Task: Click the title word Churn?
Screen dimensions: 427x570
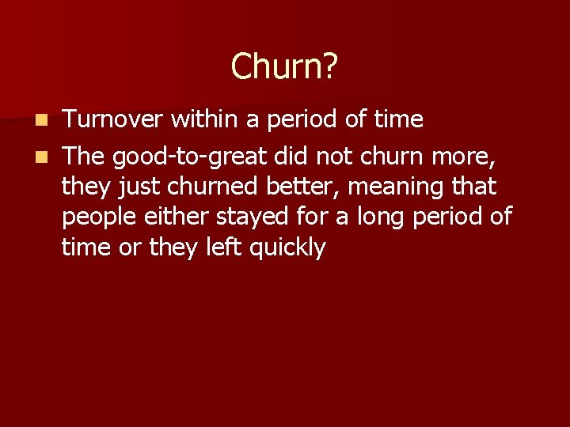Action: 284,66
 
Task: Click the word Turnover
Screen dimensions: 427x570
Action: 113,120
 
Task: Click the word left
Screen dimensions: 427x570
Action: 218,248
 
